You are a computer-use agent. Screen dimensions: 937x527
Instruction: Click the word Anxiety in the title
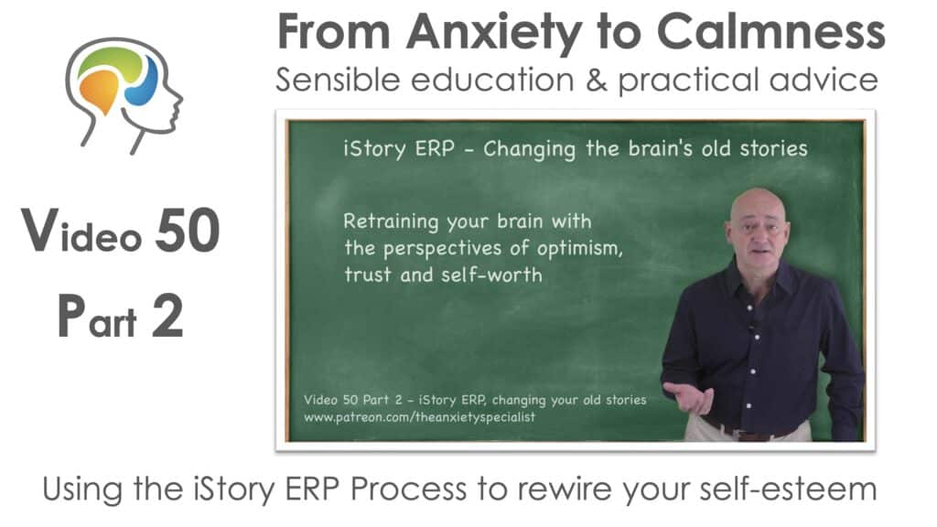click(494, 33)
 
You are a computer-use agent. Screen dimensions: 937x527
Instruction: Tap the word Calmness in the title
click(770, 31)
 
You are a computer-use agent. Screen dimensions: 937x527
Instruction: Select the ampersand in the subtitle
click(596, 81)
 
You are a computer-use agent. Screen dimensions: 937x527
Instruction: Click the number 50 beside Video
click(188, 231)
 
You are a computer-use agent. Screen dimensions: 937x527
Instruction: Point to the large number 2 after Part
click(167, 316)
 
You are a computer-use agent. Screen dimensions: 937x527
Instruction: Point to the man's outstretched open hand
click(688, 396)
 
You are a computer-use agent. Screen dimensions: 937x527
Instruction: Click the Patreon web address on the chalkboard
click(419, 417)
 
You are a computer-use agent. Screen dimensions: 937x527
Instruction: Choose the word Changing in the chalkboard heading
click(529, 149)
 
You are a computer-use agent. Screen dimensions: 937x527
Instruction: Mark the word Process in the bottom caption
click(409, 489)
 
